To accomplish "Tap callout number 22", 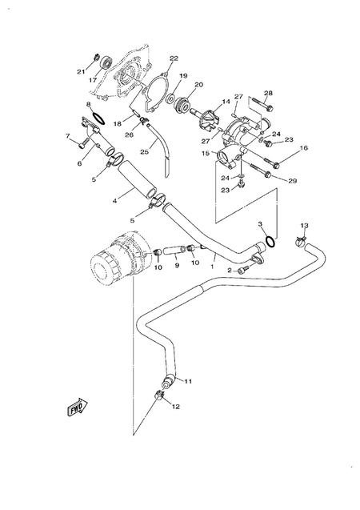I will pos(174,58).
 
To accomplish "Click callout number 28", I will pos(268,93).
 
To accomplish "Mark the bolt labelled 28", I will pos(258,103).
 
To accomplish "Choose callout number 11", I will pos(189,381).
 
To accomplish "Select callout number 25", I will pos(146,151).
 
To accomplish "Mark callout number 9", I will pos(177,265).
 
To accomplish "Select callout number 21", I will pos(81,71).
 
